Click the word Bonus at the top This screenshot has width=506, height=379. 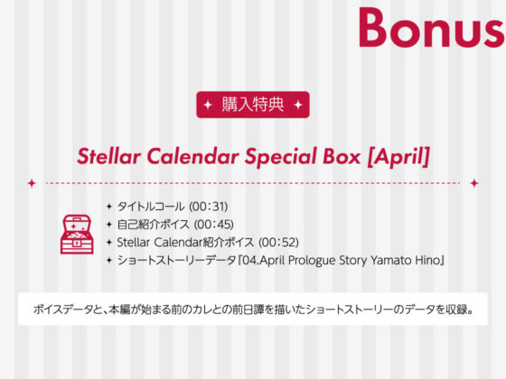(430, 28)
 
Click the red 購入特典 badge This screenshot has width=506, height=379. (252, 105)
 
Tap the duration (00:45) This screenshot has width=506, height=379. (214, 225)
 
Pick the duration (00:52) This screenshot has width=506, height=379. (278, 243)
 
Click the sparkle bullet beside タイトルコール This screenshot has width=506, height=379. (108, 207)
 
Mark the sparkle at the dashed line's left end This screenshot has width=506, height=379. (32, 182)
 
